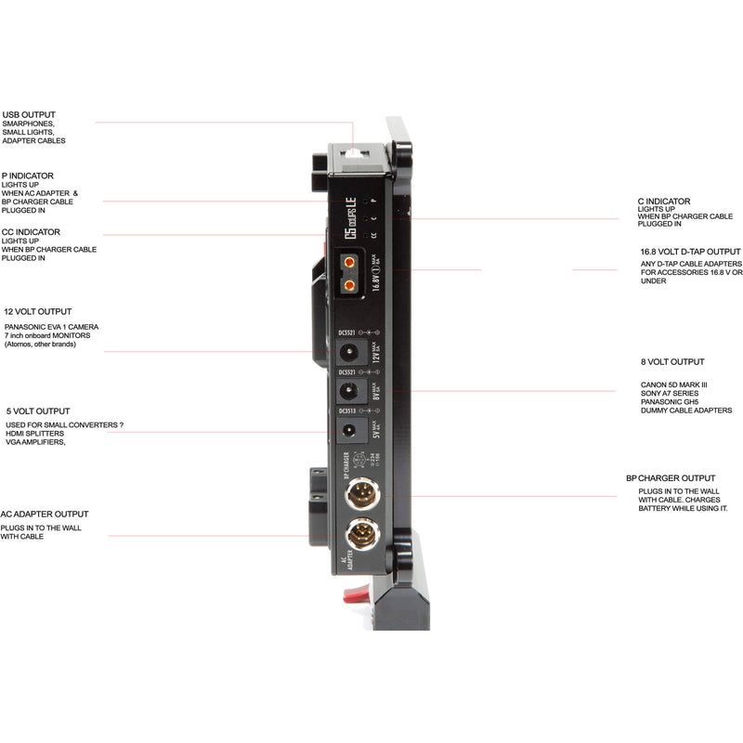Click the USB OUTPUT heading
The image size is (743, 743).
(29, 115)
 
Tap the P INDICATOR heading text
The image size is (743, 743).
(28, 176)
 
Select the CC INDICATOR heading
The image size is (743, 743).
(31, 232)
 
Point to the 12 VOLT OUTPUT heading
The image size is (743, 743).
(37, 312)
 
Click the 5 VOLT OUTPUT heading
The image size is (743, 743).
(36, 411)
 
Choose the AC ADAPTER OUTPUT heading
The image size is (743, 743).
(45, 514)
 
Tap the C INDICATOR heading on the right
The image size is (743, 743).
(664, 201)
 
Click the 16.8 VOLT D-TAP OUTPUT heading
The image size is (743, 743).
(690, 252)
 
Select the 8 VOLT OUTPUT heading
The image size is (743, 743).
(672, 362)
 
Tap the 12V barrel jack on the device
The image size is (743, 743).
(351, 352)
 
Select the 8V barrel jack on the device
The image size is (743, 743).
(351, 391)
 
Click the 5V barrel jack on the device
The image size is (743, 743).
(351, 430)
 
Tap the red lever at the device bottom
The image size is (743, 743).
(357, 595)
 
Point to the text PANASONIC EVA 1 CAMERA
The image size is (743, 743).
(52, 328)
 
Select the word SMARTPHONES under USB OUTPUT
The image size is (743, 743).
(29, 124)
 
